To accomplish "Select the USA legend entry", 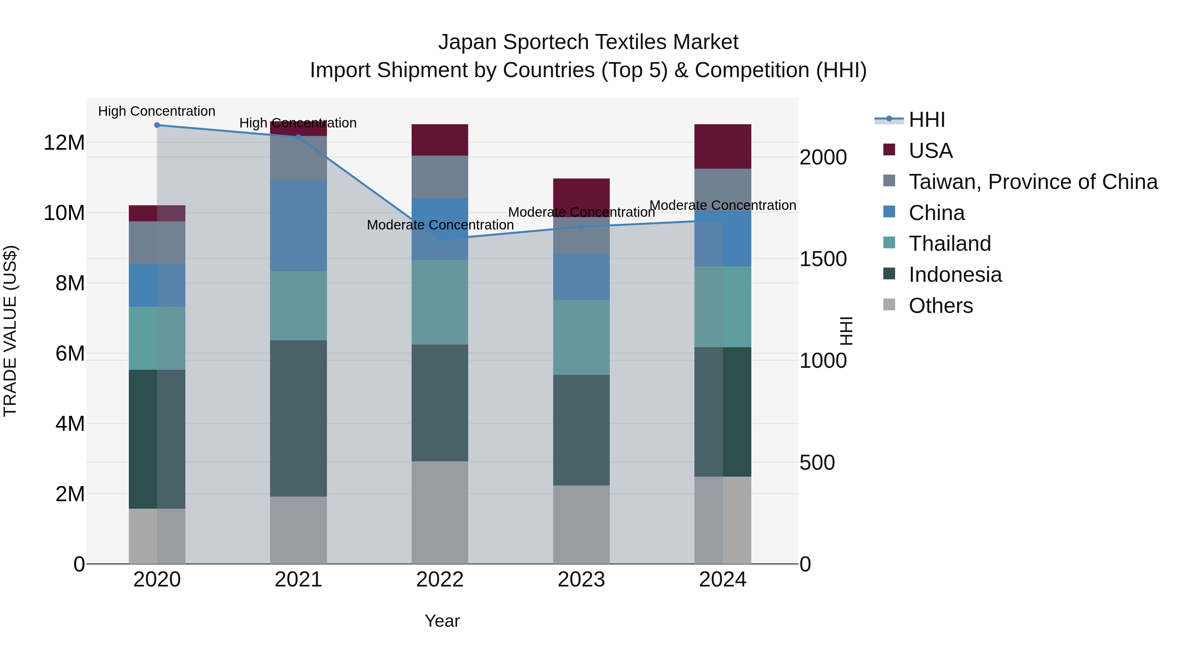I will click(930, 151).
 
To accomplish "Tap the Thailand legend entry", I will click(949, 244).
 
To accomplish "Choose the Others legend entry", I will click(940, 306).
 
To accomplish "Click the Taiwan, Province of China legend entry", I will click(1032, 182).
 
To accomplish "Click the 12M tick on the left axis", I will click(64, 143).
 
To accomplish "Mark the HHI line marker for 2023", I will click(581, 227).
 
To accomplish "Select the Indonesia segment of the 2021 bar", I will click(299, 418).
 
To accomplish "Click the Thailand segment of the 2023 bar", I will click(581, 337).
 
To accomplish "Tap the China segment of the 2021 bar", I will click(299, 225).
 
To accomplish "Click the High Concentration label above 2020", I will click(157, 111).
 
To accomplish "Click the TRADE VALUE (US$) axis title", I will click(10, 331).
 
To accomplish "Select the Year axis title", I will click(442, 621).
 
